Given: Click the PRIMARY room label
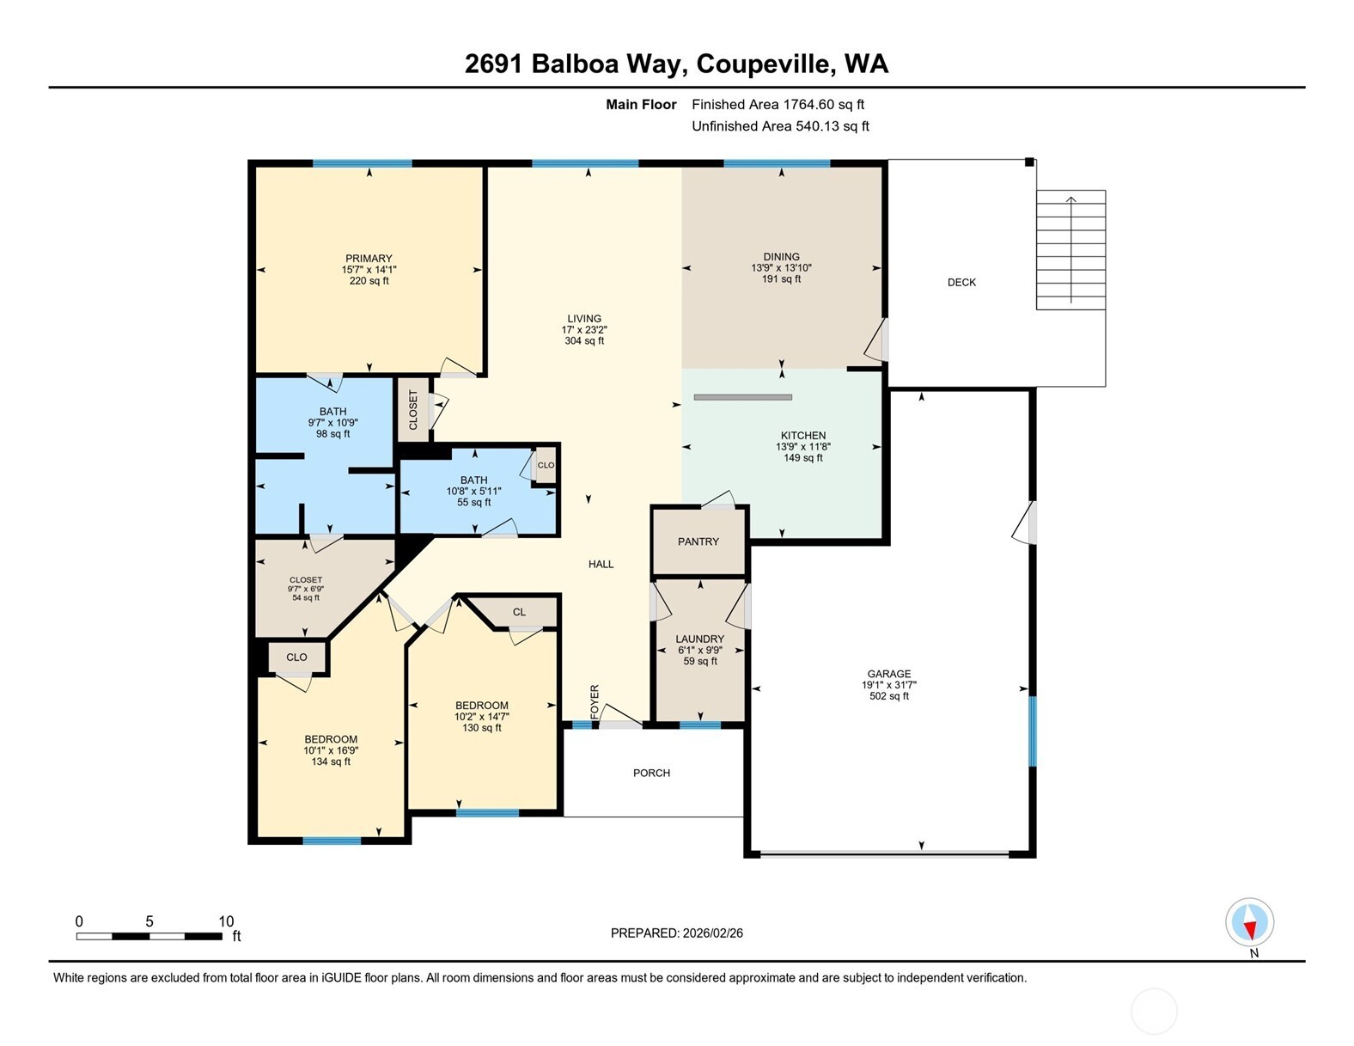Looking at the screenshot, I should pyautogui.click(x=369, y=259).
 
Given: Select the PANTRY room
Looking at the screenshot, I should pyautogui.click(x=698, y=541).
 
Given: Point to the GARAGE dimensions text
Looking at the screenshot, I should pyautogui.click(x=888, y=685).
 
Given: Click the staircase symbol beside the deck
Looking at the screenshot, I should pyautogui.click(x=1070, y=249).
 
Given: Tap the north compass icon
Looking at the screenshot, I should pyautogui.click(x=1249, y=923).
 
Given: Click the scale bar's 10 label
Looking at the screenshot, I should pyautogui.click(x=226, y=921).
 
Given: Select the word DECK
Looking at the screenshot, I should pyautogui.click(x=961, y=282).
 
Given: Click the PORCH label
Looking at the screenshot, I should pyautogui.click(x=651, y=773).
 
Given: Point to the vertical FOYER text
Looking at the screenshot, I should pyautogui.click(x=595, y=702).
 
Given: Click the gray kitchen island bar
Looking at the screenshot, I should pyautogui.click(x=742, y=397).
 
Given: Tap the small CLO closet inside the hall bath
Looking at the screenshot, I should pyautogui.click(x=546, y=465).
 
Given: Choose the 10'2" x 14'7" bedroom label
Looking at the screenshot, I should pyautogui.click(x=482, y=716).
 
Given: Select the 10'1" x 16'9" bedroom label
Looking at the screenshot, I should pyautogui.click(x=331, y=750).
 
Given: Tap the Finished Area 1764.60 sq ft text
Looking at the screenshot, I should pyautogui.click(x=778, y=104).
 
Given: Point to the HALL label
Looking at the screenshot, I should pyautogui.click(x=601, y=564).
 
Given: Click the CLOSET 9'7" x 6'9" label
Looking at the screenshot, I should pyautogui.click(x=306, y=589).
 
